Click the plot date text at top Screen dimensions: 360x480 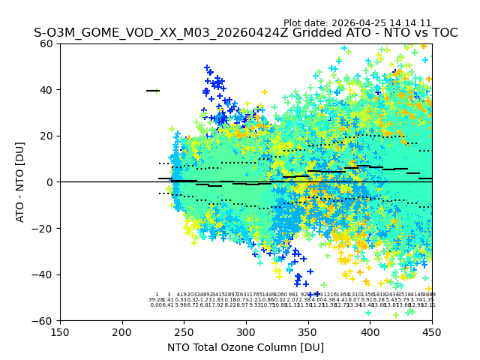[357, 23]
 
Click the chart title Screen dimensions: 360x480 [245, 34]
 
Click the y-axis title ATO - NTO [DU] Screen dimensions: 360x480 [21, 181]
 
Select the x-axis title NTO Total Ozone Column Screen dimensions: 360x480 [245, 347]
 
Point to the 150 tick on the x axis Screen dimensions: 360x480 [60, 331]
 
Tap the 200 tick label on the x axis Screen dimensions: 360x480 [122, 331]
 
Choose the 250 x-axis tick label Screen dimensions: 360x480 [184, 331]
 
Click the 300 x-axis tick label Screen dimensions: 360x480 [246, 331]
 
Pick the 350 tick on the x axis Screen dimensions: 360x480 [307, 331]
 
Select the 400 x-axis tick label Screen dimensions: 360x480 [370, 331]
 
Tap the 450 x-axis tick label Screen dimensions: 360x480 [431, 331]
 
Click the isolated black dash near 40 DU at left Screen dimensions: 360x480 [152, 91]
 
